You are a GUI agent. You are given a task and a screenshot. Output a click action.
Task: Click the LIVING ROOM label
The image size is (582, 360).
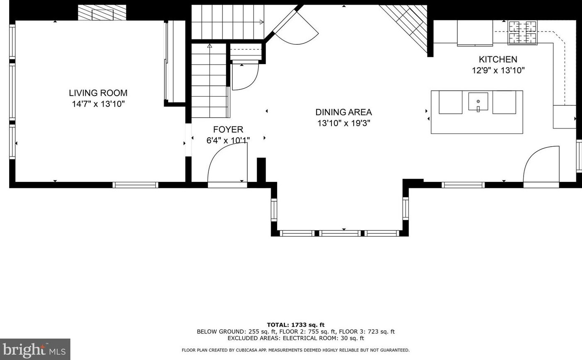(98, 93)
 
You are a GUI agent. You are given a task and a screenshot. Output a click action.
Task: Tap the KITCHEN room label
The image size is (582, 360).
(498, 59)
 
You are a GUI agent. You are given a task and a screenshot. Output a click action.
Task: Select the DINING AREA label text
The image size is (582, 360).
(343, 112)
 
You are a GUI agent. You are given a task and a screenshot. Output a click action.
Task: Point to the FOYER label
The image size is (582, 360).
(228, 129)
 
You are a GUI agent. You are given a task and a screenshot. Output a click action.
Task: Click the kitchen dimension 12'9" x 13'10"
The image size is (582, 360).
(498, 70)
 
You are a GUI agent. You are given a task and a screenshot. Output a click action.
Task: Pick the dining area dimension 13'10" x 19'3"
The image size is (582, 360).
(343, 123)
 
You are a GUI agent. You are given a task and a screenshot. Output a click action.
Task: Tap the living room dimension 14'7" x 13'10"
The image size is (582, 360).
(98, 104)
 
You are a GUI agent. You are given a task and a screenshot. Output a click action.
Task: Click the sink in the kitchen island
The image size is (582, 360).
(478, 101)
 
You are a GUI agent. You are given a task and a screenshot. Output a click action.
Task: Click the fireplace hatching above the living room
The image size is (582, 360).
(102, 12)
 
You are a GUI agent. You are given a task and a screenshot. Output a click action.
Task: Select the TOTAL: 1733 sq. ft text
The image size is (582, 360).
(296, 325)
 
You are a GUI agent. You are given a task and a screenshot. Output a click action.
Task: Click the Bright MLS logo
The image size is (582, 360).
(35, 349)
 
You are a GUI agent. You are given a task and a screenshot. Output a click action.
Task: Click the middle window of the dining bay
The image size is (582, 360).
(340, 233)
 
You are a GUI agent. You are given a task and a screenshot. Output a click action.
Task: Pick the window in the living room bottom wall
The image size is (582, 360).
(135, 185)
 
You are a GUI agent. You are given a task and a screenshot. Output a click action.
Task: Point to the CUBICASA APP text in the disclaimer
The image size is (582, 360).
(251, 350)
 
